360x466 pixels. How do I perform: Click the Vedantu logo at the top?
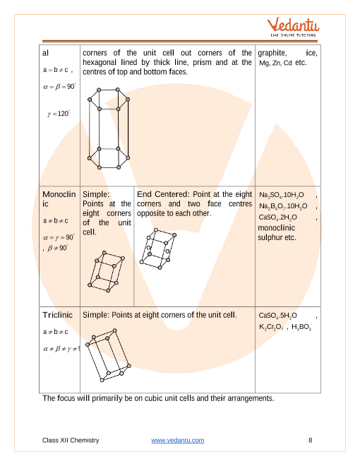293,27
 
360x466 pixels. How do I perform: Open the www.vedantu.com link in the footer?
178,440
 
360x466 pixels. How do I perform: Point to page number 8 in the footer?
311,440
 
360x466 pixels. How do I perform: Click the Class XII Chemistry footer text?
71,440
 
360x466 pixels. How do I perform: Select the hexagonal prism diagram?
109,129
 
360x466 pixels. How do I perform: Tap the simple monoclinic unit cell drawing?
106,272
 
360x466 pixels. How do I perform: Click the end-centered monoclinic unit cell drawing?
158,249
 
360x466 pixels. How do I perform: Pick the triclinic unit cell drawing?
109,355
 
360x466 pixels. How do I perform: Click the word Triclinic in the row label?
57,315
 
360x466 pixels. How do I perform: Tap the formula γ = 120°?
59,114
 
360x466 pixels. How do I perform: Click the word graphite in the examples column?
272,53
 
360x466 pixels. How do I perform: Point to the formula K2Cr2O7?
271,327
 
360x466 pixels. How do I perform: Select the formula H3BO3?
301,327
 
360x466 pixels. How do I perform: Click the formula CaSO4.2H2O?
277,217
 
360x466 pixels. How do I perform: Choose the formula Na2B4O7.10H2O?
283,206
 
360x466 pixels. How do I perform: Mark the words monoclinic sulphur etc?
277,233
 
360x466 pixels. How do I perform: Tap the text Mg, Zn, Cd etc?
283,63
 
